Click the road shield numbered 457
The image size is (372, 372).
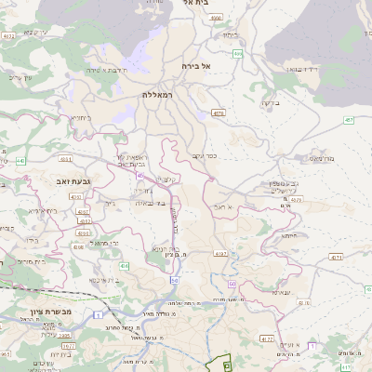(348, 120)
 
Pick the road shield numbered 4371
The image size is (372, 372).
(337, 257)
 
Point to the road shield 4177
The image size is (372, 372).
(268, 339)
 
